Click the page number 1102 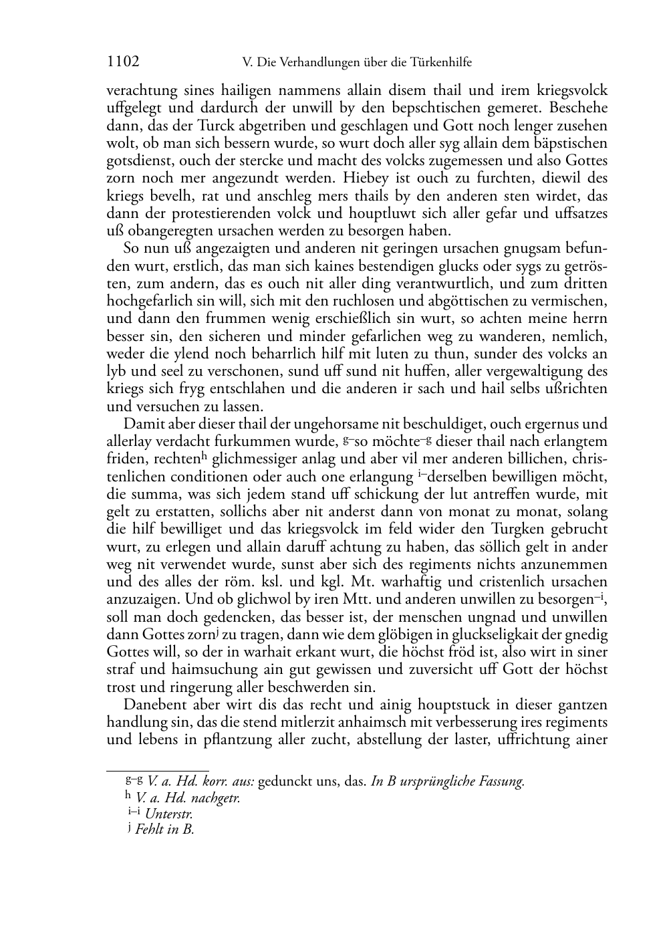click(x=123, y=62)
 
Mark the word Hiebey click(x=364, y=179)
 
